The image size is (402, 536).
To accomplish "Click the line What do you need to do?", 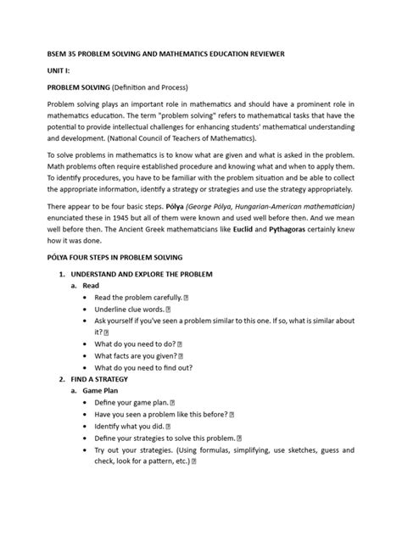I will click(141, 345).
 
